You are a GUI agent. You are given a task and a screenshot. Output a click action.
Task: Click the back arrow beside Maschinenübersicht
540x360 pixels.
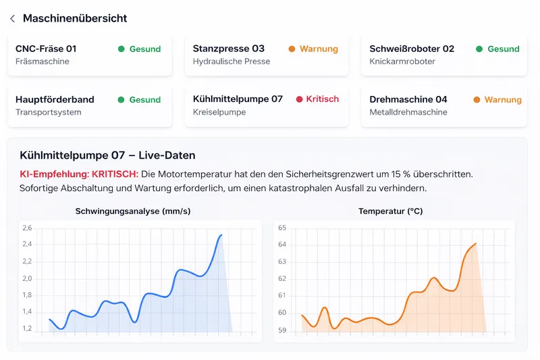[x=12, y=19]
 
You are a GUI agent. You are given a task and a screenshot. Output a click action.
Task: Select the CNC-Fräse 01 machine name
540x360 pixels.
[x=46, y=49]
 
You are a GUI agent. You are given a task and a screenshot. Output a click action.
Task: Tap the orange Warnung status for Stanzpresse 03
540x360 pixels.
[x=319, y=49]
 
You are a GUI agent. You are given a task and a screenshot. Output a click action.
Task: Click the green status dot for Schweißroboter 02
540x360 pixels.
[x=479, y=49]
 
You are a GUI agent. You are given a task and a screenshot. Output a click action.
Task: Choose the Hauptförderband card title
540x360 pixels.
[x=55, y=99]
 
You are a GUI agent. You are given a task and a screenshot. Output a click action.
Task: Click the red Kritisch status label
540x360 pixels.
[x=322, y=99]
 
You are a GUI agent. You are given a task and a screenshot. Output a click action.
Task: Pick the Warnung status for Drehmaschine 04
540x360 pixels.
[x=503, y=100]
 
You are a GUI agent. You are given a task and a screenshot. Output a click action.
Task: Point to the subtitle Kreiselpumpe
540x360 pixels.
[x=220, y=112]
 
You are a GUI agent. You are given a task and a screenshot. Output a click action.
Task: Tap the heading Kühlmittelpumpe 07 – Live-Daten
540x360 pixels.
[x=107, y=156]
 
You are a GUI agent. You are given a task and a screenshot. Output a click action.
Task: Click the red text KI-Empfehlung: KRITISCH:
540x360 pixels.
[x=79, y=174]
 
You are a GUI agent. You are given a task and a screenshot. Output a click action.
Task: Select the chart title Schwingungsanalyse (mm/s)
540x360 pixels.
[x=133, y=211]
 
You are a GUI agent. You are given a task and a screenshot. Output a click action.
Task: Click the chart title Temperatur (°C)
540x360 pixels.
[x=390, y=211]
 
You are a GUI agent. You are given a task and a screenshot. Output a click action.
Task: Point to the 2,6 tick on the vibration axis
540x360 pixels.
[x=27, y=228]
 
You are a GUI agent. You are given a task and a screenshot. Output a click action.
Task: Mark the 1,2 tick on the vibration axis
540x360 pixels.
[x=27, y=329]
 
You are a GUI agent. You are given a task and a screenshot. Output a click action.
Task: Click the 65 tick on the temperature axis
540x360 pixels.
[x=282, y=228]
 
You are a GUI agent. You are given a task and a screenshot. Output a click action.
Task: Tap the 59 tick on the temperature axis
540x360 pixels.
[x=282, y=330]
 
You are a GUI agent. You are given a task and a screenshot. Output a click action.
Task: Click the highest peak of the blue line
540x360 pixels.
[x=221, y=235]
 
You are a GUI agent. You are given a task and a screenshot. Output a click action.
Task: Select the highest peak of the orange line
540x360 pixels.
[x=476, y=243]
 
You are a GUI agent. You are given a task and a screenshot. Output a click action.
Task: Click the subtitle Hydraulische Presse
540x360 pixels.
[x=231, y=61]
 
